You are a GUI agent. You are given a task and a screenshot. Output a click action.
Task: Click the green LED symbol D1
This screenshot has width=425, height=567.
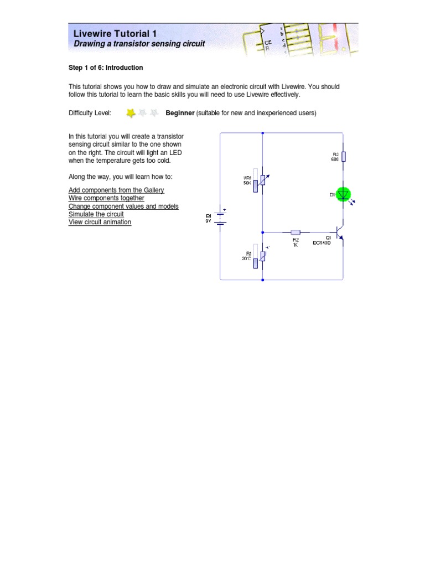pyautogui.click(x=344, y=194)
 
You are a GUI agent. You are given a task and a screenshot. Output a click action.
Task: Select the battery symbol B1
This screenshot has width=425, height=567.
pyautogui.click(x=220, y=218)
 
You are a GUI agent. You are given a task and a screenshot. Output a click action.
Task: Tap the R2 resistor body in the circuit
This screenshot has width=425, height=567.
pyautogui.click(x=296, y=233)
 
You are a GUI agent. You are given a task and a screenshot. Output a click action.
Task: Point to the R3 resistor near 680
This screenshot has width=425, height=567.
pyautogui.click(x=344, y=157)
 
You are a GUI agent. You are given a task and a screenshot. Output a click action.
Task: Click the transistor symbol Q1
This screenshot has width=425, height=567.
pyautogui.click(x=341, y=233)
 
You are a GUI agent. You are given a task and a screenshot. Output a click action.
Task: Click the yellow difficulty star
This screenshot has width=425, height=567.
pyautogui.click(x=131, y=113)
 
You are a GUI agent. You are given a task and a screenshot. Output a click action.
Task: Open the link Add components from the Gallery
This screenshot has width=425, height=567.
pyautogui.click(x=116, y=190)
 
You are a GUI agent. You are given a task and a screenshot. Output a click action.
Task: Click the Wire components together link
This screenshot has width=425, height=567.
pyautogui.click(x=106, y=198)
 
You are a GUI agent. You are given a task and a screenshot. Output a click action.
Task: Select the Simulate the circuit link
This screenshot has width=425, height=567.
pyautogui.click(x=96, y=214)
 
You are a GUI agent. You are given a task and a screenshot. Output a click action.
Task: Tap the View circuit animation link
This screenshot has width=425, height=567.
pyautogui.click(x=100, y=222)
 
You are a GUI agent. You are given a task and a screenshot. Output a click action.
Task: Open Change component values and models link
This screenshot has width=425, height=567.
pyautogui.click(x=123, y=206)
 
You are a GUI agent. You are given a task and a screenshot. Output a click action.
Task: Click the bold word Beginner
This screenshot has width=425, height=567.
pyautogui.click(x=180, y=113)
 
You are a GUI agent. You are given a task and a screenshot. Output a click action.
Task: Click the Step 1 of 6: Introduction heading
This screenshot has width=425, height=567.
pyautogui.click(x=106, y=68)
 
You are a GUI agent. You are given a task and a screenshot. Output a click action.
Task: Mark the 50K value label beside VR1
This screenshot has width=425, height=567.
pyautogui.click(x=247, y=183)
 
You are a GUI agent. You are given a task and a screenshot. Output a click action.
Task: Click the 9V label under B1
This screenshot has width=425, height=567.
pyautogui.click(x=209, y=221)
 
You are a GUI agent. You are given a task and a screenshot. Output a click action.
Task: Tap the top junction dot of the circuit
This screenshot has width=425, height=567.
pyautogui.click(x=262, y=133)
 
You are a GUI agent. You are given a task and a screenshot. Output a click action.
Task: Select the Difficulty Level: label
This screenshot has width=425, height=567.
pyautogui.click(x=90, y=113)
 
